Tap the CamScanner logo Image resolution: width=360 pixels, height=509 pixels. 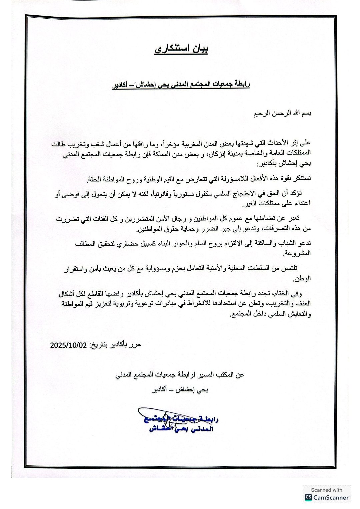coord(327,497)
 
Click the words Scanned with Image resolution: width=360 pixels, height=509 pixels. coord(327,490)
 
